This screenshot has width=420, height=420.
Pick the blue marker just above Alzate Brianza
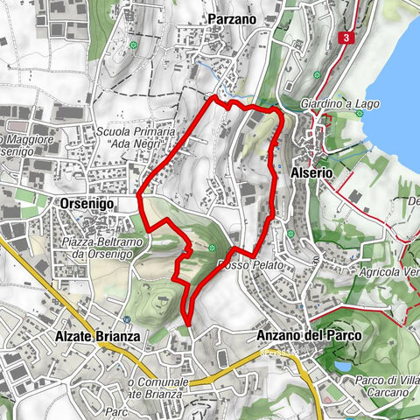coord(128,319)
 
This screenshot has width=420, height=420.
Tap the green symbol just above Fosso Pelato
coord(212,248)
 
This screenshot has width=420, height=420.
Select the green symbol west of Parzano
coord(133,45)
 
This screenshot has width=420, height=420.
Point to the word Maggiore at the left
coord(26,140)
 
